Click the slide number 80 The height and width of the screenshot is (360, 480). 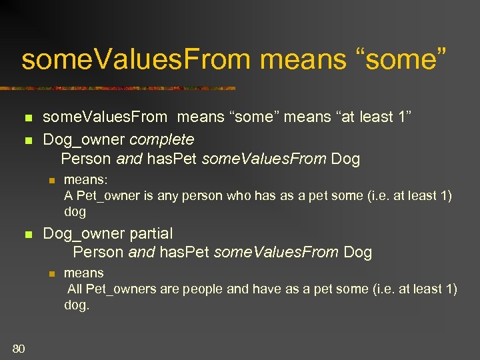tap(19, 348)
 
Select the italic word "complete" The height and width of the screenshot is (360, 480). tap(161, 139)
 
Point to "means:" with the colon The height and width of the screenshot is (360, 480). tap(86, 179)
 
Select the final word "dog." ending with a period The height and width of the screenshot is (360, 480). tap(76, 305)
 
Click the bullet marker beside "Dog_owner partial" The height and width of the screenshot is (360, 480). tap(27, 235)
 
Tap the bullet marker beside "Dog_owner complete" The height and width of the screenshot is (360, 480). tap(27, 141)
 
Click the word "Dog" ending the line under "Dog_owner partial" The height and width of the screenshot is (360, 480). tap(357, 252)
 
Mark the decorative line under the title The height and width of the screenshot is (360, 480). tap(120, 88)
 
